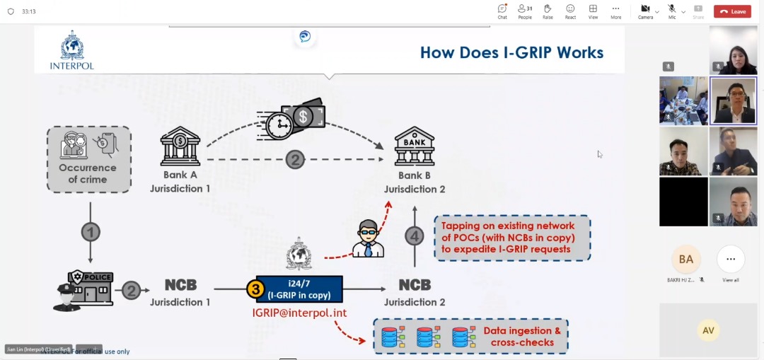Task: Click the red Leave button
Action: click(x=732, y=11)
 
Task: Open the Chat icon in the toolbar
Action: click(x=502, y=9)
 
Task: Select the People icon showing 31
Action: click(x=524, y=9)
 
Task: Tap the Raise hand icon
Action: click(x=548, y=9)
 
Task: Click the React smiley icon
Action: click(x=570, y=9)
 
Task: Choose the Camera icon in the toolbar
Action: click(x=644, y=9)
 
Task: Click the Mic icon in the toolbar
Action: click(x=671, y=9)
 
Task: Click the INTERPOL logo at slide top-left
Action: click(x=71, y=50)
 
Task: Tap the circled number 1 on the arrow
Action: click(x=90, y=232)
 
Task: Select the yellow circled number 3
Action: click(x=255, y=289)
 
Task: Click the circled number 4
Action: click(x=415, y=236)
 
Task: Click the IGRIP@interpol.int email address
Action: click(x=299, y=313)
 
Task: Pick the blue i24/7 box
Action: click(x=299, y=289)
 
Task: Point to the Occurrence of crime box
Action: click(x=89, y=159)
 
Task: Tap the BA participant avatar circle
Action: click(x=685, y=260)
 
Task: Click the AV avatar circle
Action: click(x=707, y=330)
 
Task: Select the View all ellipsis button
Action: click(x=731, y=260)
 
